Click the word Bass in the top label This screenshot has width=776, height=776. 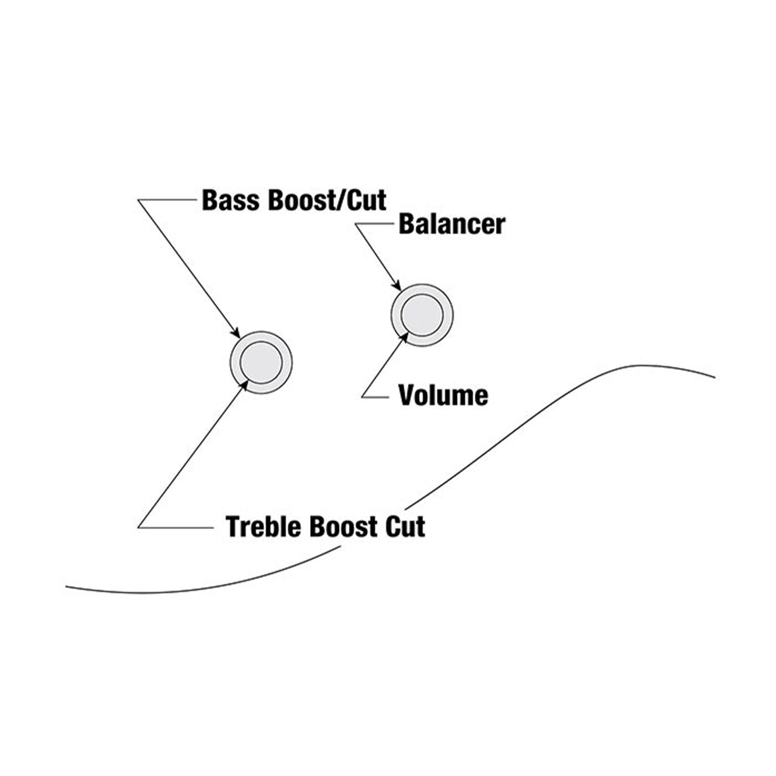pos(231,200)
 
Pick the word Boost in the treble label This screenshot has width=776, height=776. pos(343,526)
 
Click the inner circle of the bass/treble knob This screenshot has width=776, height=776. pos(261,362)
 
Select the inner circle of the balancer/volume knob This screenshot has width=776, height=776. pos(422,315)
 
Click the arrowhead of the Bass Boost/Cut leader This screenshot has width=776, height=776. pos(237,334)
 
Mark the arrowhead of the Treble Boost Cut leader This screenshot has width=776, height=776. pos(244,385)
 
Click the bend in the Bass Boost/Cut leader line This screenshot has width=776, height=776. pos(138,200)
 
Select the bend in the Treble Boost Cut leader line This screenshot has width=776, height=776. pos(138,527)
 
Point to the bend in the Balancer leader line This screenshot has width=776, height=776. pos(356,224)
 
